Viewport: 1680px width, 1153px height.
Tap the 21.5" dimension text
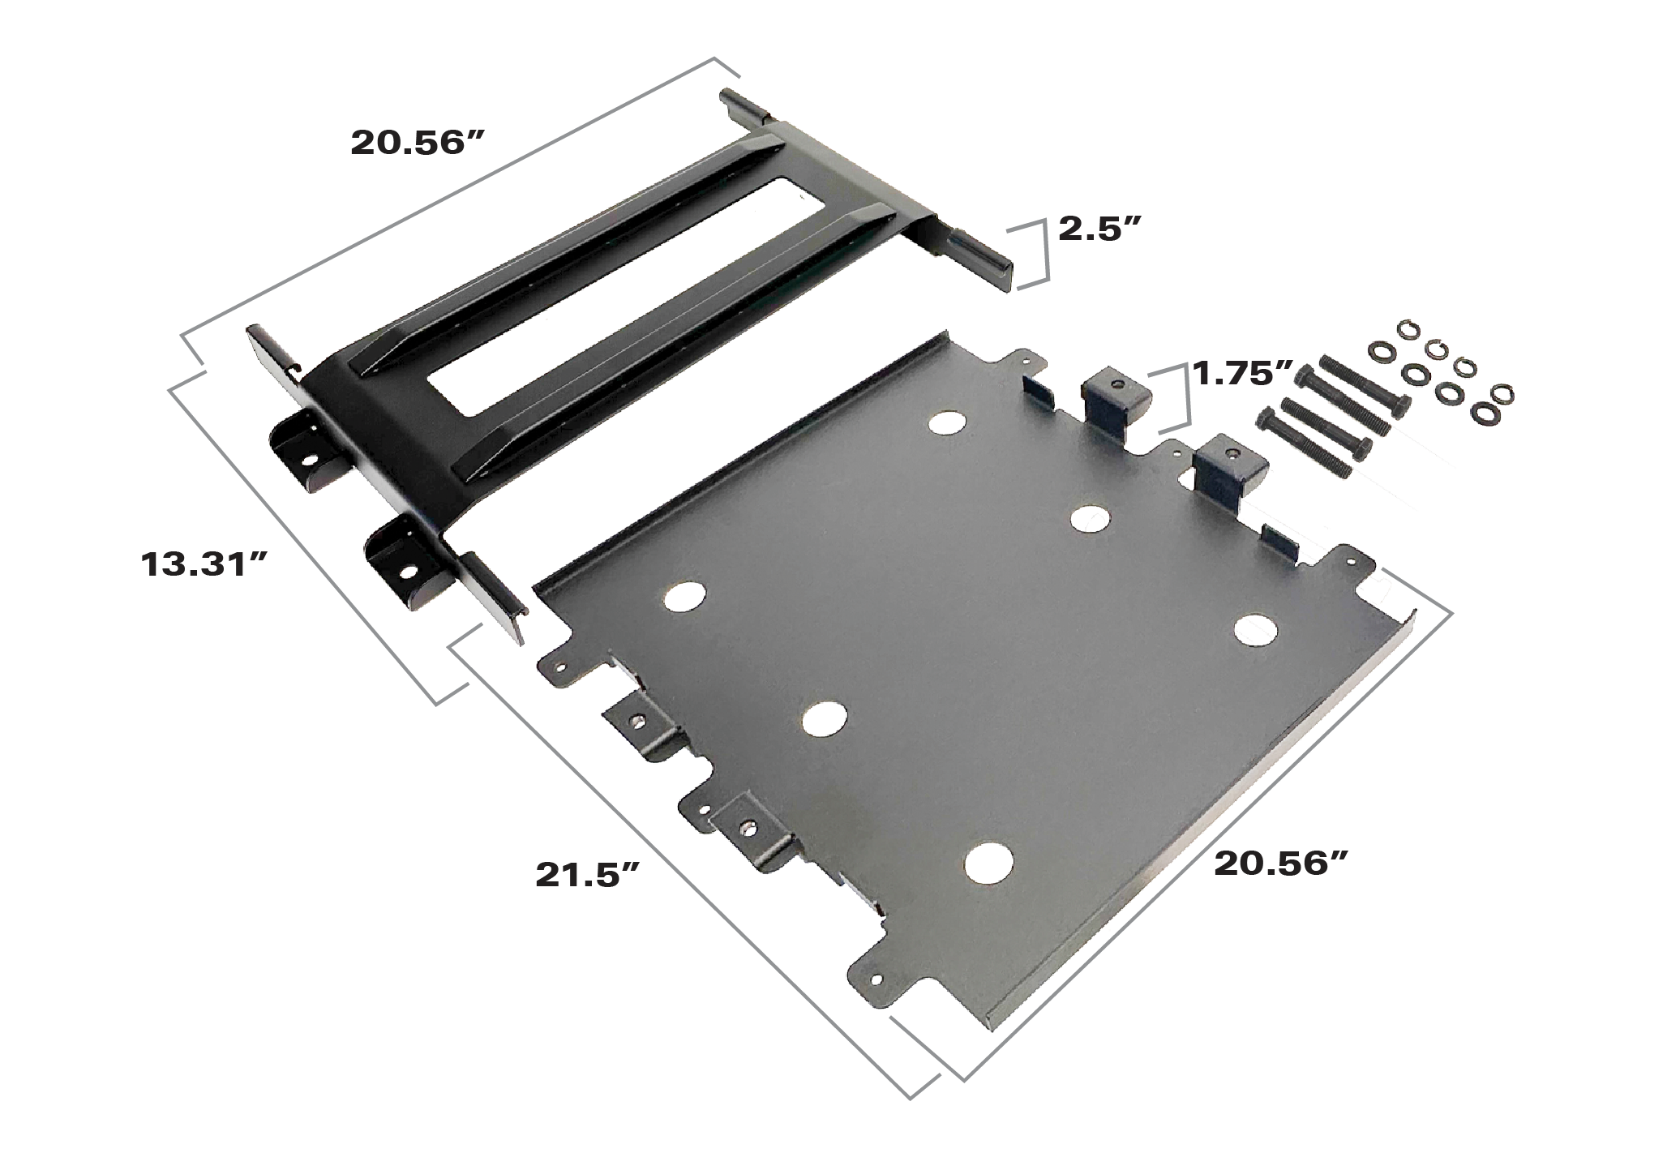click(589, 875)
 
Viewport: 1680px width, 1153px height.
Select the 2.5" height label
click(1100, 231)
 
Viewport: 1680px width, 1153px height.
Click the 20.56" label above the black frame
click(418, 144)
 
